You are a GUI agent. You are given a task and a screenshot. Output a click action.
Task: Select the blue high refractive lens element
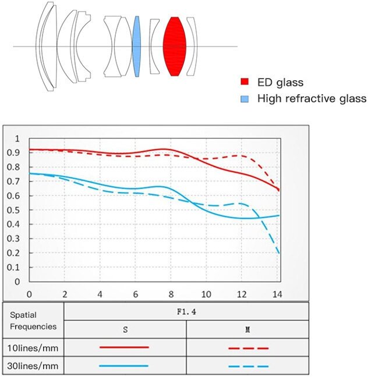[x=137, y=47]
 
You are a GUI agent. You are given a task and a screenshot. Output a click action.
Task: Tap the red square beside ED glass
[x=246, y=83]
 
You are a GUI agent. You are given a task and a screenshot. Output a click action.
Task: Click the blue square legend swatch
[x=246, y=98]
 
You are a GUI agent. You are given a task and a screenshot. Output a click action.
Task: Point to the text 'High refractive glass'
[x=312, y=98]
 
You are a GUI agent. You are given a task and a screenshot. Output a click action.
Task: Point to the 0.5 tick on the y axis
[x=17, y=210]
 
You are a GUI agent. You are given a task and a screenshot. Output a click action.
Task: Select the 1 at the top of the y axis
[x=17, y=138]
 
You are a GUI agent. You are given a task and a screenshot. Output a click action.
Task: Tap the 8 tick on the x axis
[x=171, y=293]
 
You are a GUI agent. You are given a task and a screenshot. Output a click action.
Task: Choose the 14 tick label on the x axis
[x=277, y=293]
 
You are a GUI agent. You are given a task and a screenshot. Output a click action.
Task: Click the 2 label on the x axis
[x=65, y=293]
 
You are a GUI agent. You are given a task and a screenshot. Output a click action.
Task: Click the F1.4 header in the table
[x=186, y=311]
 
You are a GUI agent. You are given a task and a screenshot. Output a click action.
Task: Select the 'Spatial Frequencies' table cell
[x=33, y=320]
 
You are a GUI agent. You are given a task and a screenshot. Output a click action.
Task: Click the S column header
[x=125, y=329]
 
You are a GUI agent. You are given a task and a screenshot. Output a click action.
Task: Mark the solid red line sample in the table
[x=124, y=347]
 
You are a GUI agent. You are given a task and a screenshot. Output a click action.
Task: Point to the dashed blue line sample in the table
[x=248, y=366]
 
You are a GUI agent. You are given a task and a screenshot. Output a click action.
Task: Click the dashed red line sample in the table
[x=248, y=348]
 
